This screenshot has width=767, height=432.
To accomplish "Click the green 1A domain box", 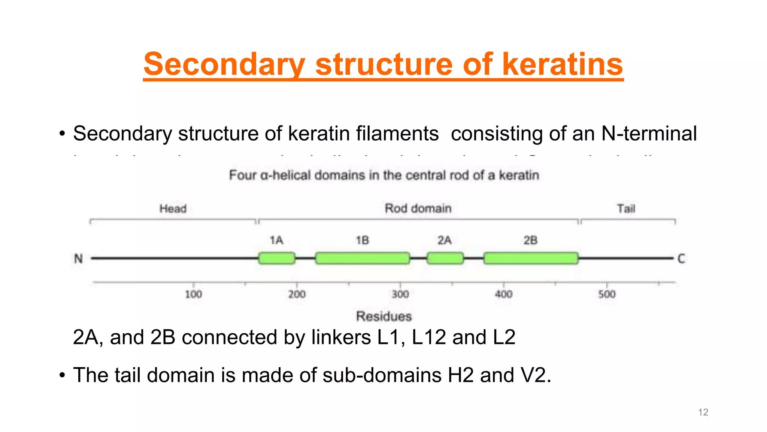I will [x=276, y=258].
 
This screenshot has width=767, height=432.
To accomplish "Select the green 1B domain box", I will [x=362, y=258].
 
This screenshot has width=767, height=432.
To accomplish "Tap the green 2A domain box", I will [x=445, y=258].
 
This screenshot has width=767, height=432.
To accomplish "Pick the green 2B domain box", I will [x=531, y=258].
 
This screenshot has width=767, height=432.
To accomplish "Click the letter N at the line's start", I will [x=78, y=259].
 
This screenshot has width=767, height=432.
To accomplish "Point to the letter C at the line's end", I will [x=681, y=259].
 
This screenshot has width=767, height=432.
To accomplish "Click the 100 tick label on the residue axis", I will [x=193, y=294].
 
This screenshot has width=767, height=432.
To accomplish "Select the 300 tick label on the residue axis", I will [x=400, y=294].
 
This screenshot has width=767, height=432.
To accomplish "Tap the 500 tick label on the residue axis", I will [x=607, y=294].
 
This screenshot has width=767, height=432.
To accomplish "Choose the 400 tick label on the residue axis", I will [x=503, y=294].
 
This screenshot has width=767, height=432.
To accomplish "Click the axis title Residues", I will [x=384, y=316].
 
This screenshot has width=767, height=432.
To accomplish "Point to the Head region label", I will [x=173, y=208].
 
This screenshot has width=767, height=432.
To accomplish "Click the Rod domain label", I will [x=418, y=208].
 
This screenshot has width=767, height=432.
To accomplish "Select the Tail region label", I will [x=626, y=208].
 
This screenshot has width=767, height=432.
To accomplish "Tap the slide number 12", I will [x=703, y=412].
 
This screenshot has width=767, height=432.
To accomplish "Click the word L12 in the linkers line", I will [x=429, y=337].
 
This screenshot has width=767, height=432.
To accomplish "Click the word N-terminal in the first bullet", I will [x=649, y=133].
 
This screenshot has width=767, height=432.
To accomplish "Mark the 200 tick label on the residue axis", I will [x=297, y=294].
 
